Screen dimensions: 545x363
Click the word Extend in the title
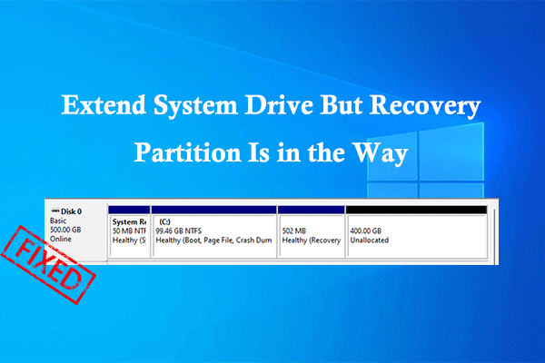(x=104, y=105)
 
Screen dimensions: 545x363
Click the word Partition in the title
(x=187, y=152)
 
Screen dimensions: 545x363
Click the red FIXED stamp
(x=48, y=265)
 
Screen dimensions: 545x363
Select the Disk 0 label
(x=71, y=211)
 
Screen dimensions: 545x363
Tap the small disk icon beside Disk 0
(x=54, y=211)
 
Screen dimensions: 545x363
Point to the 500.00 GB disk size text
(x=65, y=230)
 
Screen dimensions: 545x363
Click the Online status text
(x=61, y=239)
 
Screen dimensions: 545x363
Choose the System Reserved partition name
(x=129, y=221)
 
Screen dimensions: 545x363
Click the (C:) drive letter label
(x=164, y=221)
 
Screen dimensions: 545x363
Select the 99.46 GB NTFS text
(x=179, y=231)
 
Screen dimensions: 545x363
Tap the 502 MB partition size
(x=294, y=231)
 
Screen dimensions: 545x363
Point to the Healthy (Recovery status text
(x=312, y=240)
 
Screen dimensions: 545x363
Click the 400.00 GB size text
(x=366, y=231)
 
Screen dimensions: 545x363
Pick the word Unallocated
(x=370, y=240)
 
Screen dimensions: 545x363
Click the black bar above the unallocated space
(x=416, y=210)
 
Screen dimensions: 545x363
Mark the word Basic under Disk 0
(x=58, y=221)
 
